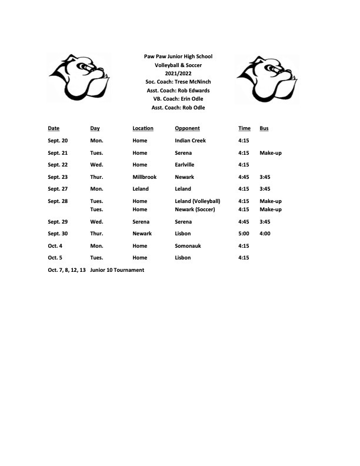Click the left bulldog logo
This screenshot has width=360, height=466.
click(79, 76)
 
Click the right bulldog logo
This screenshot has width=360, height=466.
click(267, 76)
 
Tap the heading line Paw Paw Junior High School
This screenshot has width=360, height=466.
click(178, 56)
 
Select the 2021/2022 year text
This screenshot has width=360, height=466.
click(178, 74)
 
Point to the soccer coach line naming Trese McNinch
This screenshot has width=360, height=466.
click(178, 82)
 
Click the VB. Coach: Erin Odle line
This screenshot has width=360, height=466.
click(178, 99)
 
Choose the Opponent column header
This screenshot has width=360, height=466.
click(187, 128)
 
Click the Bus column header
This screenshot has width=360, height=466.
click(264, 128)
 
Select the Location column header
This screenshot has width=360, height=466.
click(143, 128)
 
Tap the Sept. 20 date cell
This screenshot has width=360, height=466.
click(58, 141)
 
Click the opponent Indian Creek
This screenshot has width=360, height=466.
click(190, 141)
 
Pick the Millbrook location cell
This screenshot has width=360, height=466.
click(145, 177)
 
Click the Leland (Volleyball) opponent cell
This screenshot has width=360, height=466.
click(198, 201)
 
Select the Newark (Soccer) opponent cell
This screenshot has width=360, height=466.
click(195, 209)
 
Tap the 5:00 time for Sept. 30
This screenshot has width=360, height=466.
click(244, 234)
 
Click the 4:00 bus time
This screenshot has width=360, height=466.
click(265, 234)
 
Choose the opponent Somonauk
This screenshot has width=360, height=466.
click(188, 246)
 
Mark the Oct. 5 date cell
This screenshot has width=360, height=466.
click(55, 258)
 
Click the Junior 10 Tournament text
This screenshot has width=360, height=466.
click(117, 270)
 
